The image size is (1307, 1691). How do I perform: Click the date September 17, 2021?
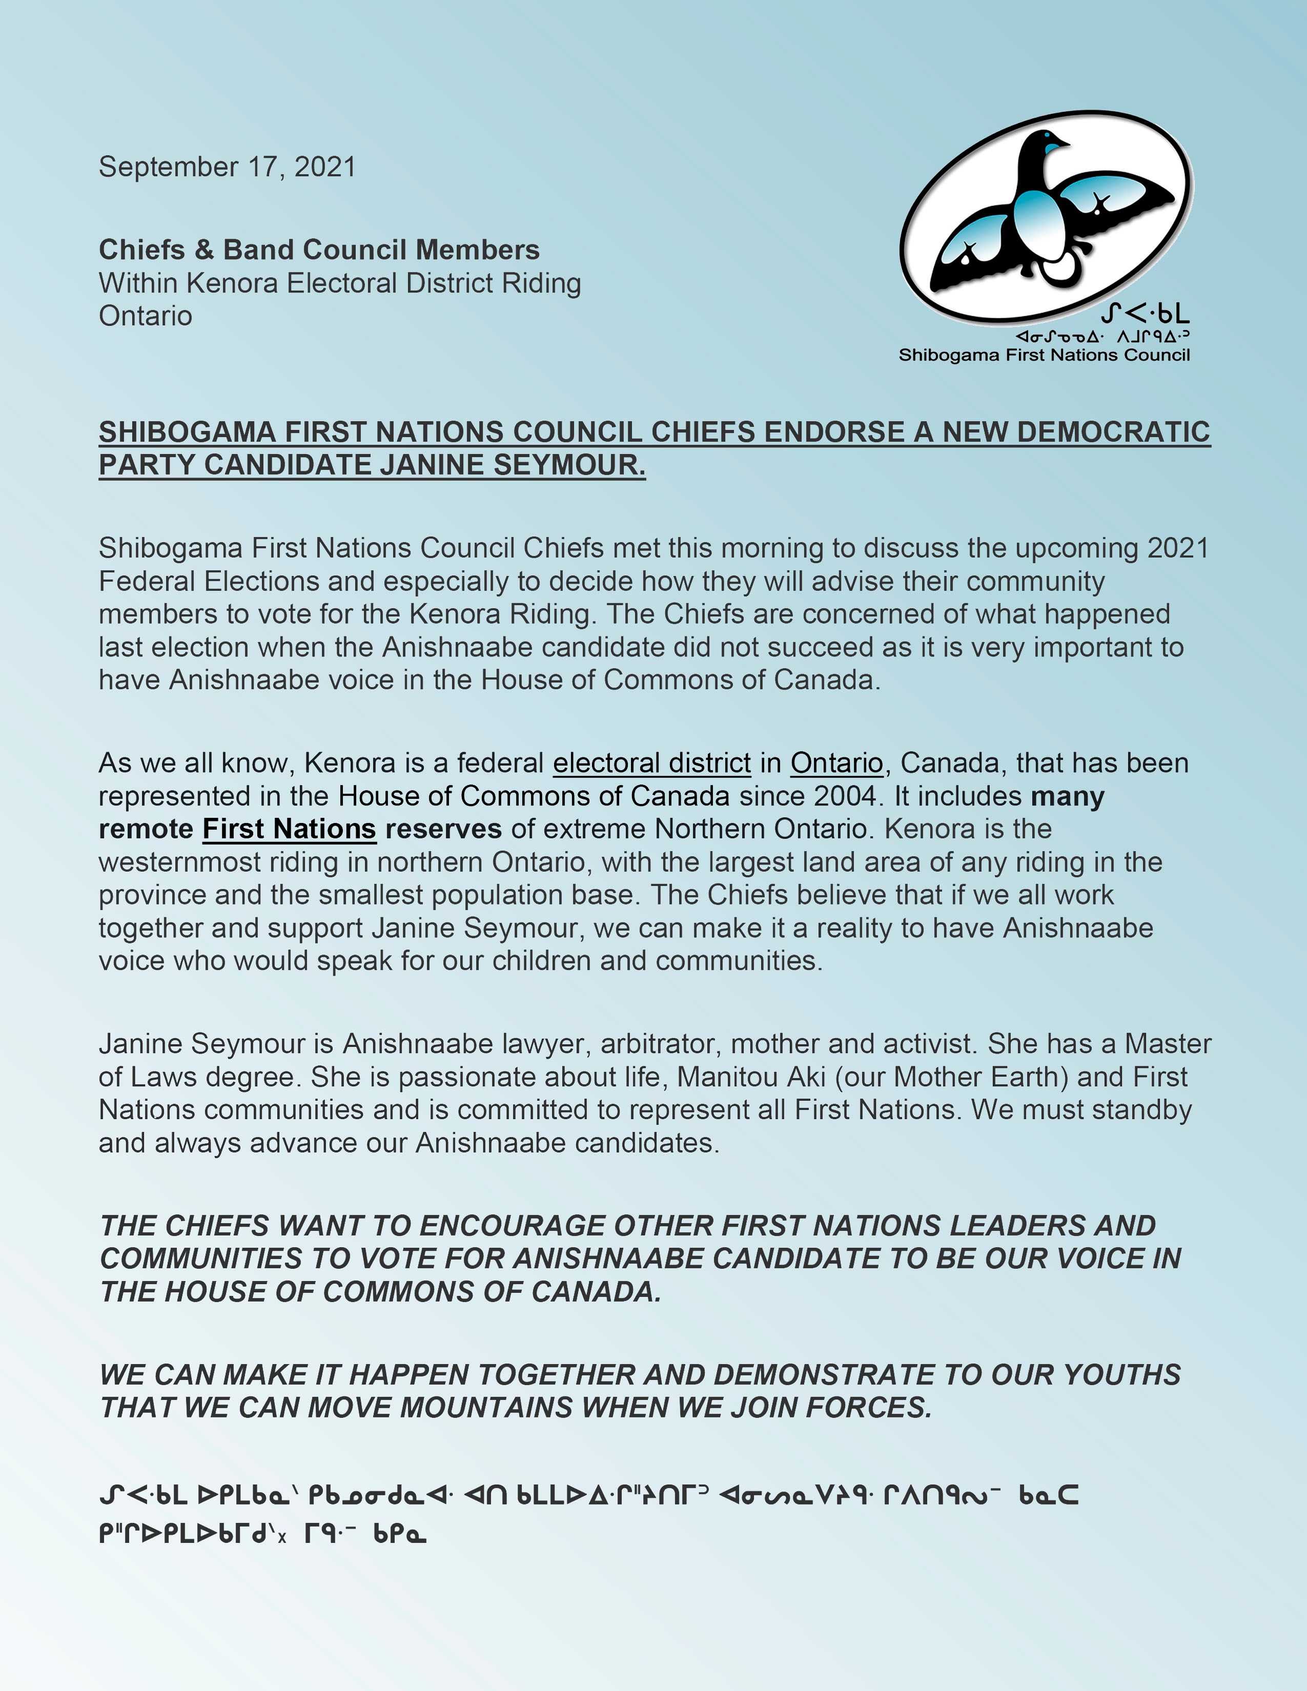click(x=227, y=167)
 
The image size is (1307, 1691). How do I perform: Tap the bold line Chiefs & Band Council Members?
click(x=319, y=250)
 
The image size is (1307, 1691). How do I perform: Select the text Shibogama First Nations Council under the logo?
click(x=1044, y=356)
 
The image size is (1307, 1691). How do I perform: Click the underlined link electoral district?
click(x=651, y=764)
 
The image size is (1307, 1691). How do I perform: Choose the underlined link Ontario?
click(x=836, y=764)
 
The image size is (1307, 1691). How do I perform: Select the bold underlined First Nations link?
click(x=289, y=829)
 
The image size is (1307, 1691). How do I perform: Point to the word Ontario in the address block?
click(x=146, y=316)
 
